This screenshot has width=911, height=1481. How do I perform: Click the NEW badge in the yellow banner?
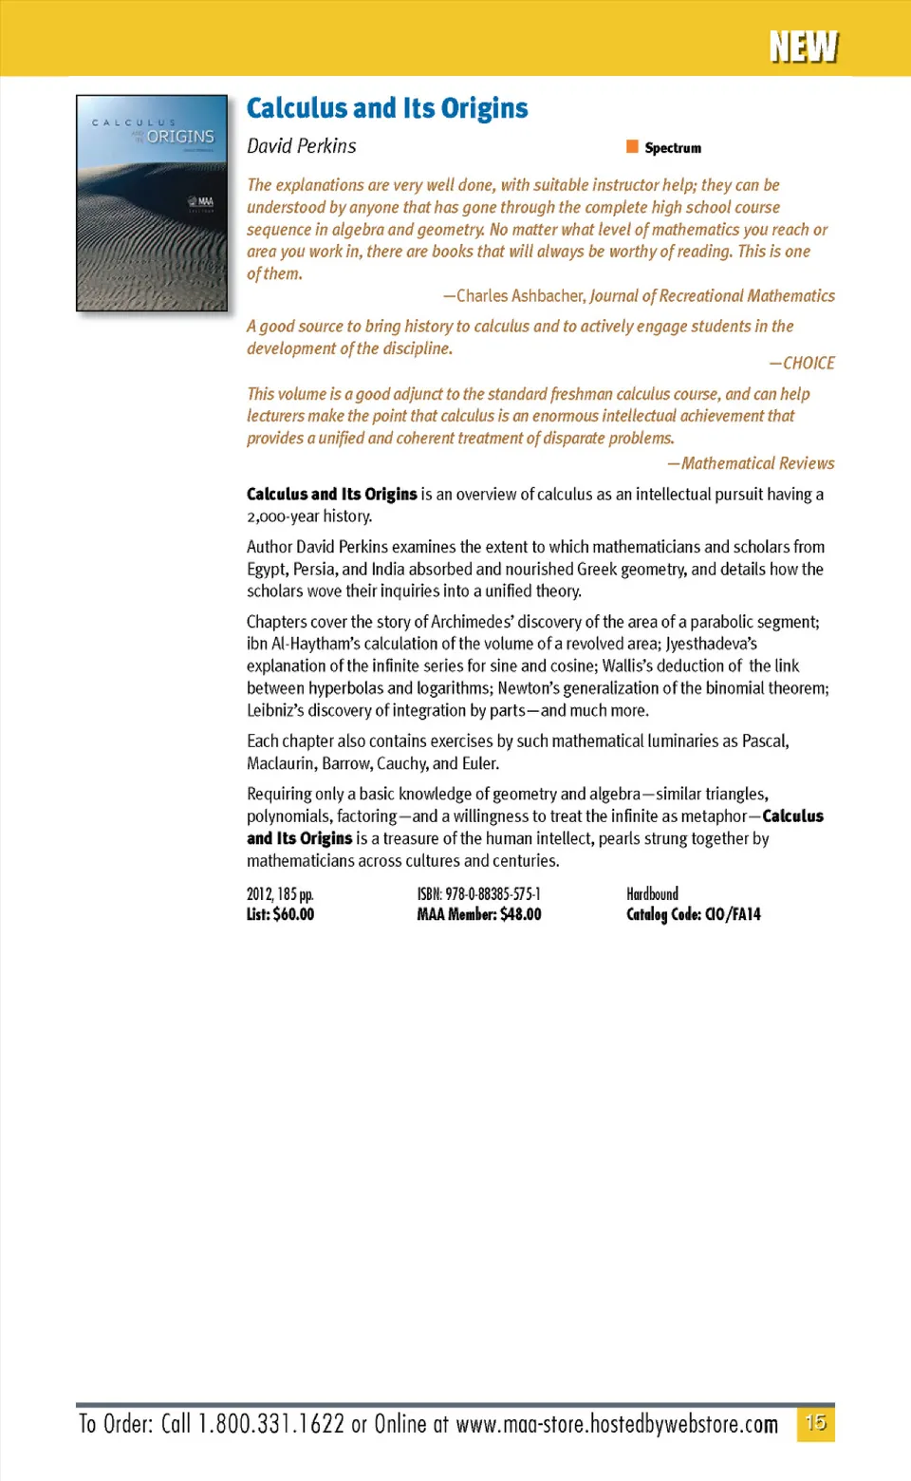pyautogui.click(x=803, y=47)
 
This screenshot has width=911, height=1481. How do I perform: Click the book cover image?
pyautogui.click(x=152, y=203)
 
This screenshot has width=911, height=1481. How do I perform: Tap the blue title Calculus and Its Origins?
pyautogui.click(x=387, y=108)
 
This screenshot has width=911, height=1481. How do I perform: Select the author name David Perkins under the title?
pyautogui.click(x=301, y=146)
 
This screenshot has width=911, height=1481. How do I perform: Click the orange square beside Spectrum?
pyautogui.click(x=632, y=146)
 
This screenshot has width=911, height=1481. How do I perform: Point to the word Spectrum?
pyautogui.click(x=673, y=148)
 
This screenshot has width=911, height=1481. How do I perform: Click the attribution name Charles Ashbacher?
pyautogui.click(x=520, y=296)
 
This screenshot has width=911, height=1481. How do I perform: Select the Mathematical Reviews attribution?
pyautogui.click(x=757, y=463)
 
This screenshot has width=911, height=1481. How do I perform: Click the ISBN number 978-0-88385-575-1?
pyautogui.click(x=493, y=894)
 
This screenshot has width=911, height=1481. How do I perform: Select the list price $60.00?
pyautogui.click(x=293, y=914)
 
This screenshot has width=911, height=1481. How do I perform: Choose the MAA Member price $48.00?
pyautogui.click(x=520, y=914)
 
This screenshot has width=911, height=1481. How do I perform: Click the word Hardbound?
pyautogui.click(x=652, y=894)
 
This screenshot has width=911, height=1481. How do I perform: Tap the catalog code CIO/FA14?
pyautogui.click(x=733, y=914)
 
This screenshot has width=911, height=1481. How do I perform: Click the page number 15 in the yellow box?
pyautogui.click(x=815, y=1423)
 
